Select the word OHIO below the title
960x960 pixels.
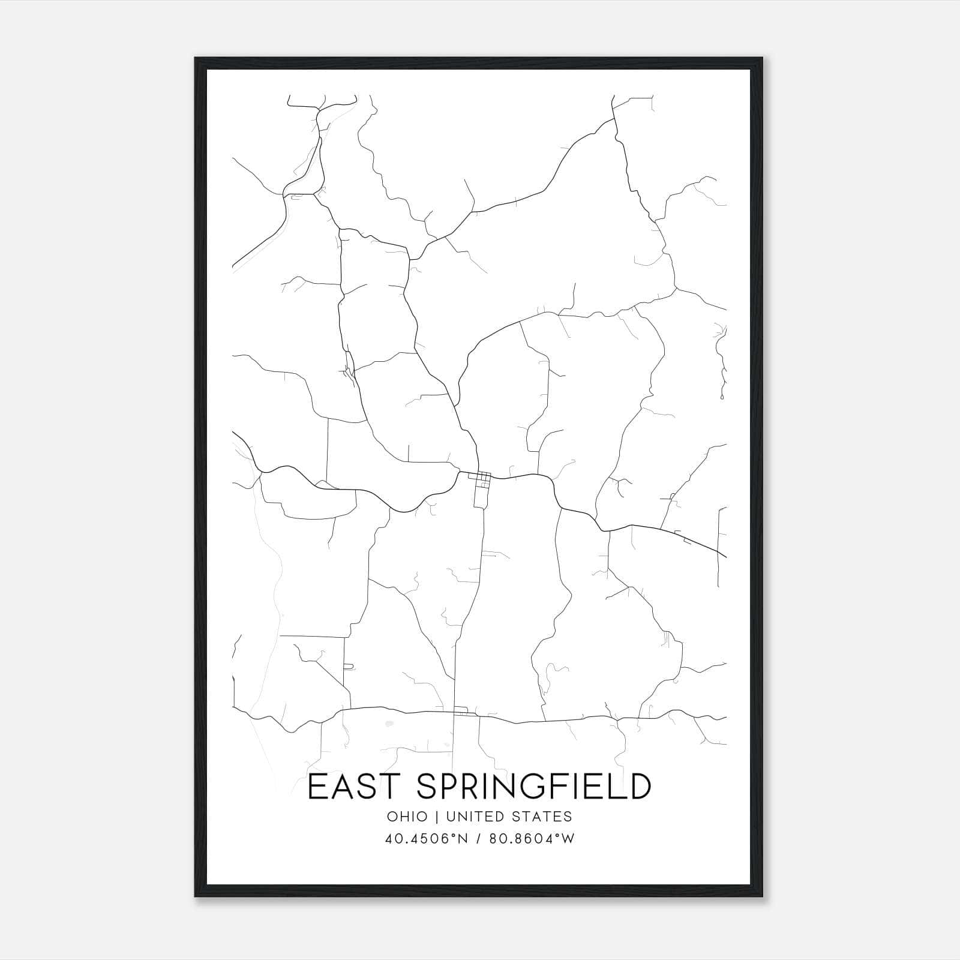(x=407, y=817)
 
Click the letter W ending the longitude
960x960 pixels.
(x=568, y=839)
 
